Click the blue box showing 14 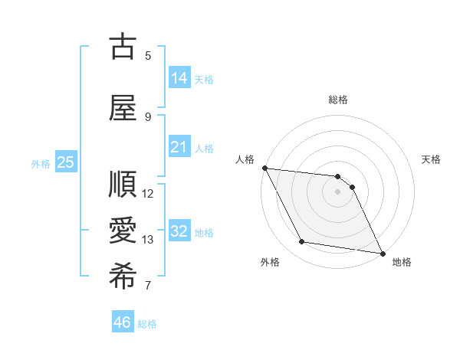click(x=179, y=77)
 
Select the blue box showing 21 click(x=179, y=146)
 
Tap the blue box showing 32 click(x=179, y=231)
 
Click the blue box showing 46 click(x=123, y=322)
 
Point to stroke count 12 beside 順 click(x=149, y=194)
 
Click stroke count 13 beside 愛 click(x=149, y=240)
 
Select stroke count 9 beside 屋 click(x=148, y=117)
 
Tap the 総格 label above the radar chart click(x=338, y=100)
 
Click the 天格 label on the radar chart click(x=432, y=159)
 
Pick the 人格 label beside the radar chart click(x=245, y=159)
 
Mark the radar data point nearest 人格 click(x=264, y=168)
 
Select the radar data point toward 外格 click(x=301, y=243)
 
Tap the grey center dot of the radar click(x=338, y=191)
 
